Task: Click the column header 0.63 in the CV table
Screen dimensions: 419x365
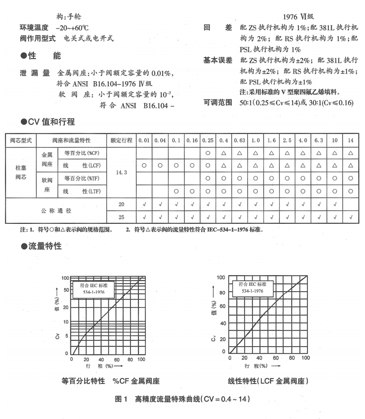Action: click(x=239, y=140)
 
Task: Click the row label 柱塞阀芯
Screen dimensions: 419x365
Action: click(x=21, y=172)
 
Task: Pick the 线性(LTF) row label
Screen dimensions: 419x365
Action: click(x=82, y=192)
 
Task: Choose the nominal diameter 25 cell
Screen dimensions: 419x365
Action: click(x=121, y=217)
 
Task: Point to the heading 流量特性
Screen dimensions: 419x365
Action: click(x=41, y=246)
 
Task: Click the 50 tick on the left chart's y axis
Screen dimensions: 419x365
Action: click(x=66, y=290)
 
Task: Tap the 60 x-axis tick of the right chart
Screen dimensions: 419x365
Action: click(x=276, y=358)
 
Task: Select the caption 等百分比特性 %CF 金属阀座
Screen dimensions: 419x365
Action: click(x=111, y=381)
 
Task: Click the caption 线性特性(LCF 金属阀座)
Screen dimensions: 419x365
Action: click(x=268, y=381)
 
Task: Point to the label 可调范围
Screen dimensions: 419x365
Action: click(x=218, y=103)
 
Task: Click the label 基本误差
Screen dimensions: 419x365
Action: click(x=218, y=60)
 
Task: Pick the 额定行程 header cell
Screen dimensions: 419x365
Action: click(x=121, y=140)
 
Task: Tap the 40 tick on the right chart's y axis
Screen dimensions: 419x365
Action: click(x=223, y=323)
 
